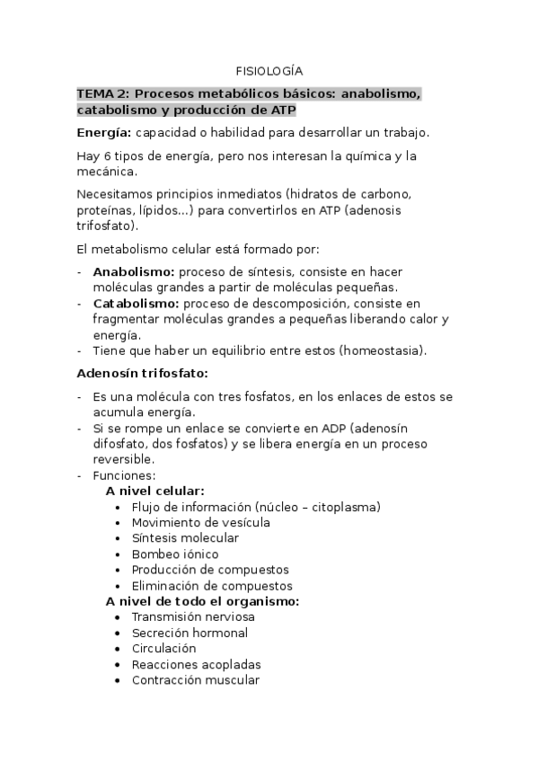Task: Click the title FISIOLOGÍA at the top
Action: point(269,70)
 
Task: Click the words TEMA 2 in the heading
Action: point(102,93)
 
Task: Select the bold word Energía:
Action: point(104,133)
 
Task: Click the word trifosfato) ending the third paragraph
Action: point(108,226)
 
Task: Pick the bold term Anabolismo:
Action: point(134,271)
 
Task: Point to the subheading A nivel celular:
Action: point(154,492)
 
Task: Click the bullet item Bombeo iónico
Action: point(175,554)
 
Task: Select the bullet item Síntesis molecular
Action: point(185,538)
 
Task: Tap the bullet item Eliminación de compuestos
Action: point(212,586)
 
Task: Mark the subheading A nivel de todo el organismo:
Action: point(202,601)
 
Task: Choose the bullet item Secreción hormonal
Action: point(190,633)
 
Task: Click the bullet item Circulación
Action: point(163,648)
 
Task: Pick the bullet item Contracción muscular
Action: point(195,680)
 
